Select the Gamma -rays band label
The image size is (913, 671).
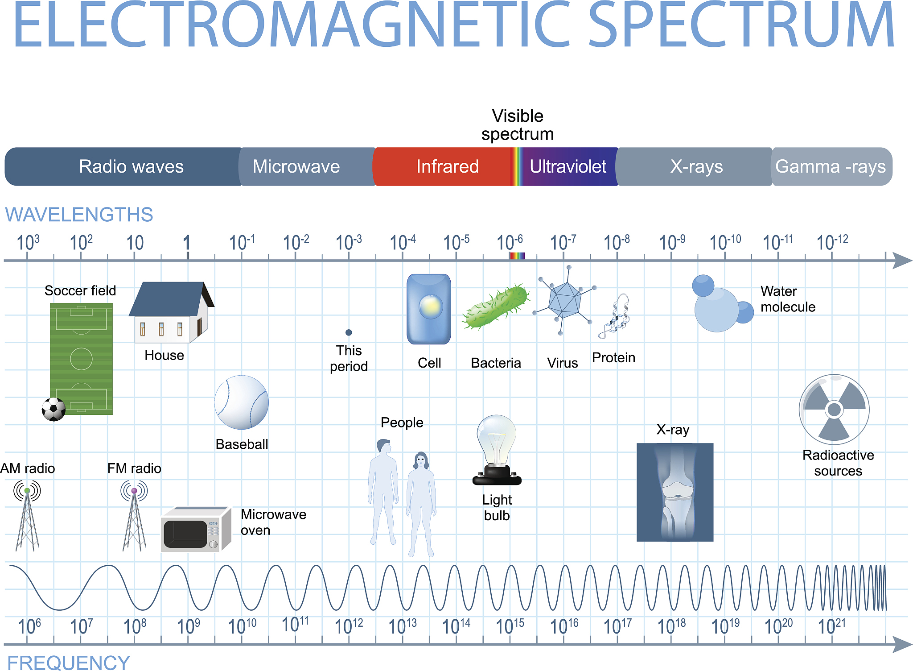coord(831,166)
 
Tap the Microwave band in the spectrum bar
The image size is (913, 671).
coord(307,166)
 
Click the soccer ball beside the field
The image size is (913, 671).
coord(53,409)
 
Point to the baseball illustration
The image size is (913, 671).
coord(242,402)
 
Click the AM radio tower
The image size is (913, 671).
coord(27,515)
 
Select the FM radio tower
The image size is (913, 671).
coord(134,515)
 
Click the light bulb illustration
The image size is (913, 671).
coord(497,450)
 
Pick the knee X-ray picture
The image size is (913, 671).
coord(675,492)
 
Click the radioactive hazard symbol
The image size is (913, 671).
coord(834,409)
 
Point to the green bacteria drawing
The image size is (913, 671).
coord(496,307)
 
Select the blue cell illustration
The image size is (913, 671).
coord(429,309)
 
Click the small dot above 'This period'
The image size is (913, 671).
coord(349,332)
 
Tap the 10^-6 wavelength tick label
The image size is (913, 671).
coord(510,242)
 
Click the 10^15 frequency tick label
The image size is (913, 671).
coord(510,626)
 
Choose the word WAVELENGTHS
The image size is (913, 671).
coord(79,215)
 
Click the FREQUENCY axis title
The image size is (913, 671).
coord(69,663)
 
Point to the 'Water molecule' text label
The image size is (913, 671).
coord(788,299)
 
